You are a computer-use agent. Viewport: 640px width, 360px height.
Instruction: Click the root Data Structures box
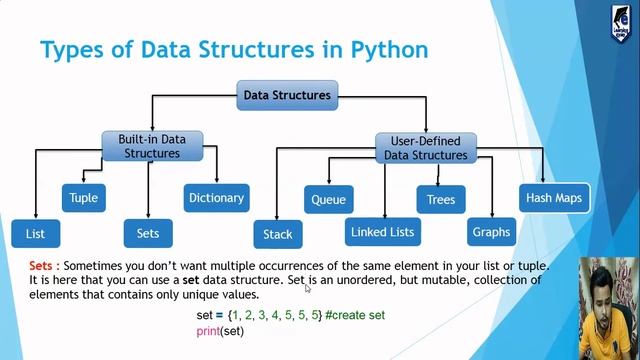point(287,96)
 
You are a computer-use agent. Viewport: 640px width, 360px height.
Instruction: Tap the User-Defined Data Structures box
point(425,148)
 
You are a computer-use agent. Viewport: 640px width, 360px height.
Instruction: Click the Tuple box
point(83,198)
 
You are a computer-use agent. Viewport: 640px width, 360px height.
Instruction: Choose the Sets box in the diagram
point(148,233)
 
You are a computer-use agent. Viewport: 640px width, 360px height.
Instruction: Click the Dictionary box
point(216,198)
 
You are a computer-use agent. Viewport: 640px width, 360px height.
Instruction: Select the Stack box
point(277,234)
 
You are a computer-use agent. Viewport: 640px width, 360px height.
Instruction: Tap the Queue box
point(328,200)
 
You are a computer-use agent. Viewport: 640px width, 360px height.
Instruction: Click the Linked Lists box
point(382,232)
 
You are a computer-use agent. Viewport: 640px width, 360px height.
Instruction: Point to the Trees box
point(441,200)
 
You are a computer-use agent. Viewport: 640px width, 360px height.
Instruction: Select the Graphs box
point(491,232)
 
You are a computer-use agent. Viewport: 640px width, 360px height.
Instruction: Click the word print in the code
point(207,330)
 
